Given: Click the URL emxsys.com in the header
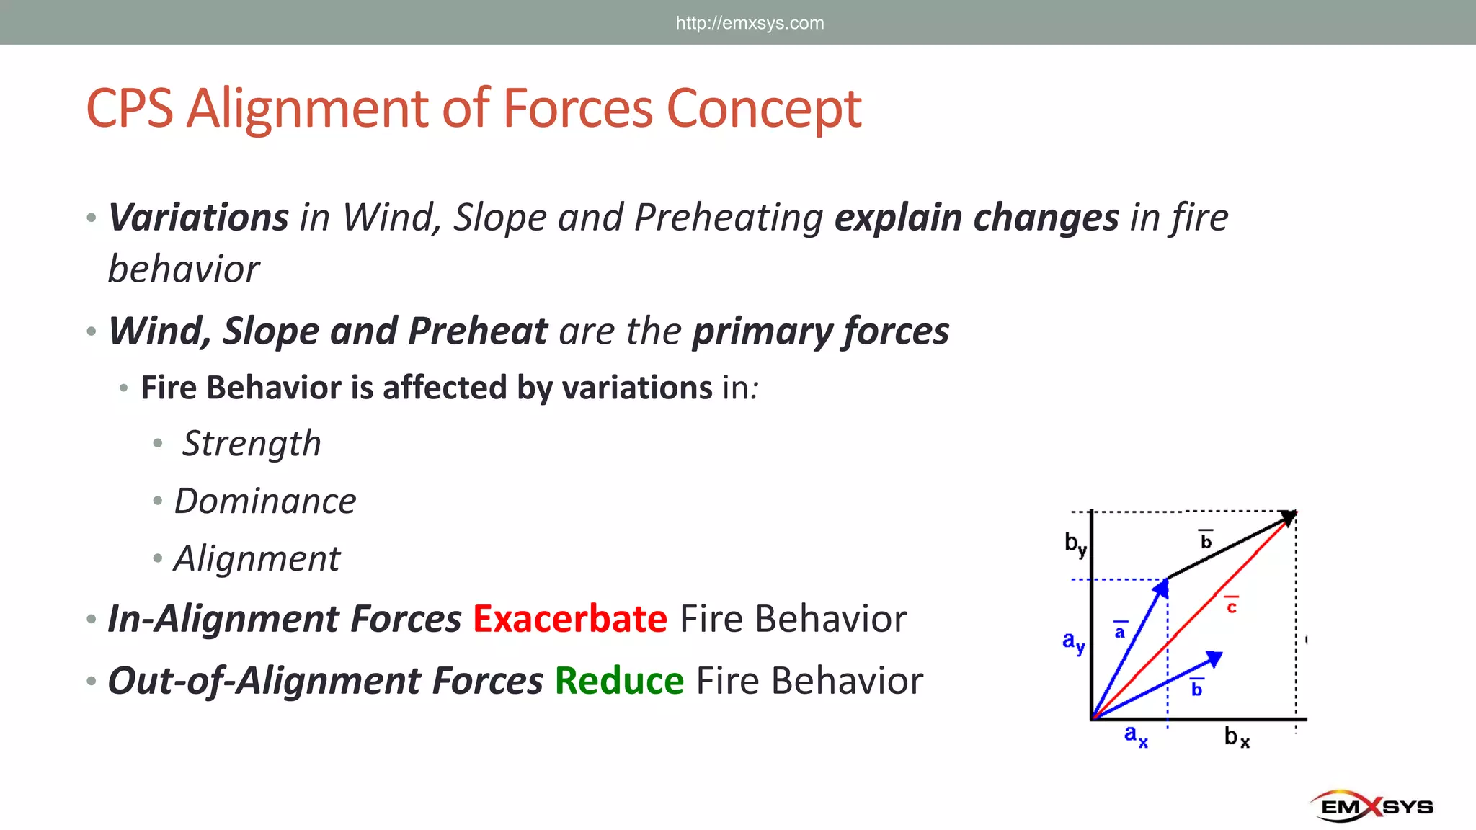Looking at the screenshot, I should pyautogui.click(x=750, y=23).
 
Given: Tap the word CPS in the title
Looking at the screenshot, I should pyautogui.click(x=130, y=110).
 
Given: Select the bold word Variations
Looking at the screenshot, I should pyautogui.click(x=199, y=218).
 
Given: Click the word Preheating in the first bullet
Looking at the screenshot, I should pyautogui.click(x=729, y=218).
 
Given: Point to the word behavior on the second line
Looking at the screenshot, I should pyautogui.click(x=184, y=270).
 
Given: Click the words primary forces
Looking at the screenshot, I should pyautogui.click(x=820, y=331).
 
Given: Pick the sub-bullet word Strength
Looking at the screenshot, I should pyautogui.click(x=252, y=444).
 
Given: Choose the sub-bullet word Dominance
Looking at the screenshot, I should pyautogui.click(x=265, y=501).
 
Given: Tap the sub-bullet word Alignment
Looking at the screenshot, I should pyautogui.click(x=257, y=559).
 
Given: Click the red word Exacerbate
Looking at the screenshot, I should pyautogui.click(x=570, y=620).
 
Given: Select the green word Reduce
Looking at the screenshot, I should pyautogui.click(x=619, y=682).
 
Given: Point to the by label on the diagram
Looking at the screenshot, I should pyautogui.click(x=1075, y=544).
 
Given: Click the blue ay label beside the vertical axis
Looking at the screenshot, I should pyautogui.click(x=1073, y=641).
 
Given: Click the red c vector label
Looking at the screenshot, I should pyautogui.click(x=1232, y=607).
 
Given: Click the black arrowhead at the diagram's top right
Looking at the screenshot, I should pyautogui.click(x=1289, y=517).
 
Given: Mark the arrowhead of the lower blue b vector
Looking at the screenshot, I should pyautogui.click(x=1214, y=659).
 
